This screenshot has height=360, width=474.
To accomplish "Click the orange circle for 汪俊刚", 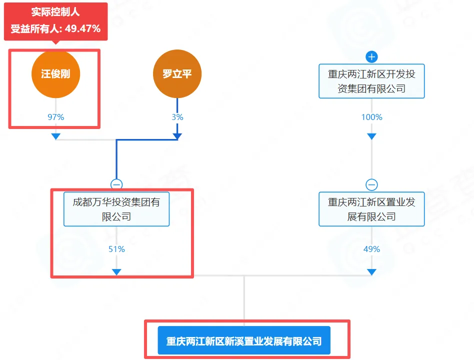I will [55, 74].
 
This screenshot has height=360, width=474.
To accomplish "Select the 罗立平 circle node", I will [177, 74].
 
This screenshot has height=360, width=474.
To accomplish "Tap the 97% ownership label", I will [55, 117].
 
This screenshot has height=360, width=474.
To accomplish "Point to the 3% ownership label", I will [177, 117].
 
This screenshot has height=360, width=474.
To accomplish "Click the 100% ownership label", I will [371, 117].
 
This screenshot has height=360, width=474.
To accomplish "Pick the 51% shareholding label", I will [116, 249].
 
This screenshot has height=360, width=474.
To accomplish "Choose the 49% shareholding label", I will [371, 249].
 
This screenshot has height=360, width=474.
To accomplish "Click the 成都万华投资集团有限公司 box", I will [116, 209].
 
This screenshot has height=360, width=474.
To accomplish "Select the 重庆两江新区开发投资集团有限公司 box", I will [371, 81].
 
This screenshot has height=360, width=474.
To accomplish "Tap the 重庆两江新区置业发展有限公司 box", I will [371, 209].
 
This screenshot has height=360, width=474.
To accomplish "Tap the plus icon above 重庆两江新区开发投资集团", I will [371, 56].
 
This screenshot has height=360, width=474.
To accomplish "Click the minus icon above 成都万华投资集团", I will [116, 184].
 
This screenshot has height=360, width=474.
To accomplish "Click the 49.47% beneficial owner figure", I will [83, 28].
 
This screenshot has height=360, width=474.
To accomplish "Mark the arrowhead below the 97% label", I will [55, 136].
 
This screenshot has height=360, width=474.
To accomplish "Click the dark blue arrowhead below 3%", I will [177, 136].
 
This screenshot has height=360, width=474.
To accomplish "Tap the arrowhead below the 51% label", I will [116, 271].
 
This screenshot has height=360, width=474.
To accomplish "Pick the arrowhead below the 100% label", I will [371, 136].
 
